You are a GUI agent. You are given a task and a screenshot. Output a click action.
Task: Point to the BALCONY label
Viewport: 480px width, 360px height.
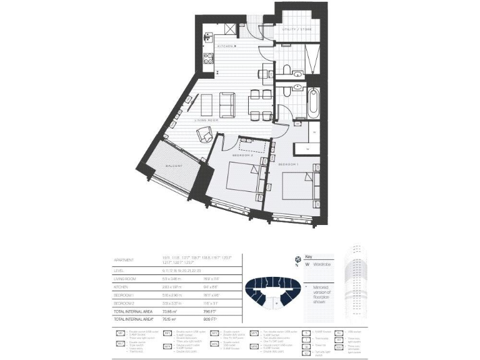point(173,165)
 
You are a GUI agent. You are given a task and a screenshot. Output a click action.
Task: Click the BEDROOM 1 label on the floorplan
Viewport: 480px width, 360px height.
point(289,164)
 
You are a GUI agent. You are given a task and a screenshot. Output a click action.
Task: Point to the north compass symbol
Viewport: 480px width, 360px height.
point(291,259)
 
